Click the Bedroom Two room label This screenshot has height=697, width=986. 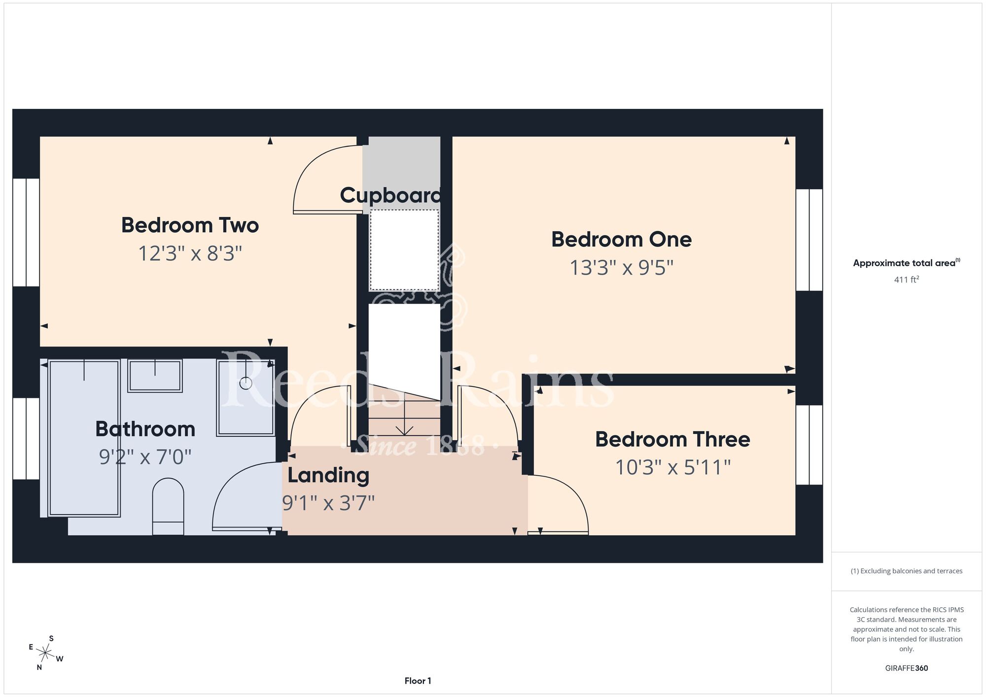coord(190,225)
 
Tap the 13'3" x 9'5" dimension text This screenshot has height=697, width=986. coord(621,268)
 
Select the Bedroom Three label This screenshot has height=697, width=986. coord(672,439)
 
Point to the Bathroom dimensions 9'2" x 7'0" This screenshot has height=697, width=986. coord(145,457)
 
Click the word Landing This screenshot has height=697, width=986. coord(328,476)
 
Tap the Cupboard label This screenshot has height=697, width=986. coord(390,196)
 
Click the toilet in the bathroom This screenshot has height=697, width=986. coord(168,506)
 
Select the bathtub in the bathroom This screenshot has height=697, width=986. coord(84,438)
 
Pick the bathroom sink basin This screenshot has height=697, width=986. coord(155,376)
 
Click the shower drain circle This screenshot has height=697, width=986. coord(246,383)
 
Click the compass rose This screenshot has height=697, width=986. coord(46,654)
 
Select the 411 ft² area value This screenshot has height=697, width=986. coord(907,279)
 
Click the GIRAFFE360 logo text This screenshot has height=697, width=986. coord(907,668)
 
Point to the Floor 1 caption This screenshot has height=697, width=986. coord(418,681)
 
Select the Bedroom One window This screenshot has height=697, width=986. coord(809,240)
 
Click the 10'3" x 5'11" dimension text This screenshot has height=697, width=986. coord(672,467)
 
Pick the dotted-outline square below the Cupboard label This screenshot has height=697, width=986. coord(404,250)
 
